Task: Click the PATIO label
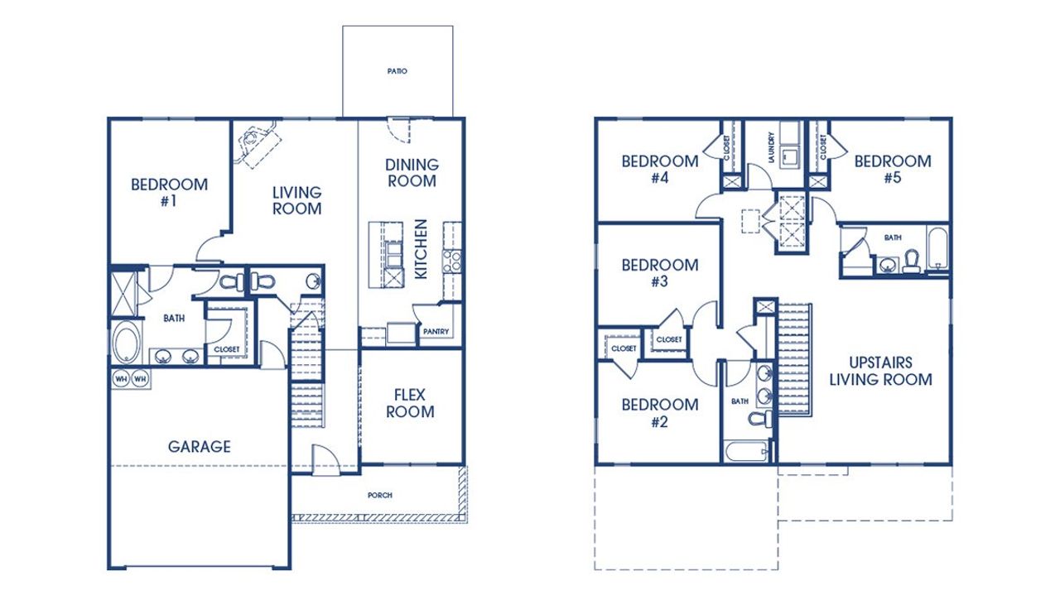tap(397, 71)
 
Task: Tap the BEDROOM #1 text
tap(169, 192)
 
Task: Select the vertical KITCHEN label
tap(421, 249)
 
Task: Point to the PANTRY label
tap(436, 332)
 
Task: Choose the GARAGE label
tap(200, 447)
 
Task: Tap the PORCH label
tap(379, 496)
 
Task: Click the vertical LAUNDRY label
tap(771, 147)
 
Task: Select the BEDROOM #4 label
tap(660, 169)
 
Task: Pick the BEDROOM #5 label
tap(893, 169)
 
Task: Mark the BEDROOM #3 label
tap(660, 273)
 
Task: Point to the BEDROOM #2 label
tap(660, 413)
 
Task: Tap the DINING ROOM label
tap(412, 173)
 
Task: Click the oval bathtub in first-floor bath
tap(126, 342)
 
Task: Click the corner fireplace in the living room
tap(254, 142)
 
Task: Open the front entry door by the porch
tap(321, 458)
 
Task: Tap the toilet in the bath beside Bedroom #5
tap(912, 262)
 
